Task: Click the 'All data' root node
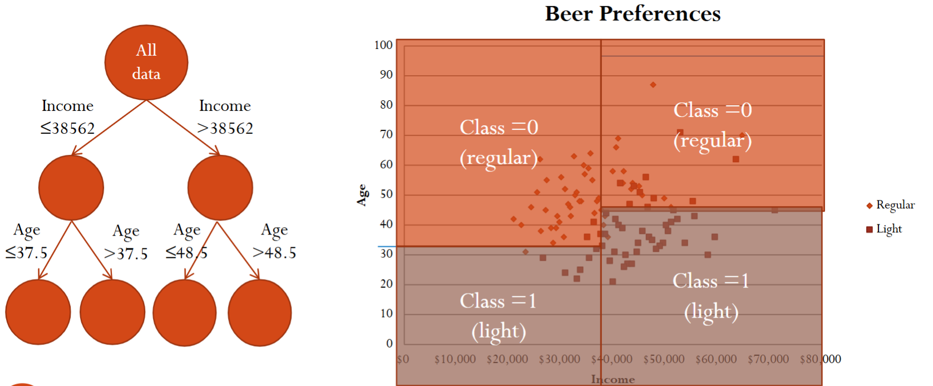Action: click(146, 62)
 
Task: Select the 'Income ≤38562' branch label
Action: click(67, 117)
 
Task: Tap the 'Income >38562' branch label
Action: click(225, 117)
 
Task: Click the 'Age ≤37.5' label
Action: click(27, 241)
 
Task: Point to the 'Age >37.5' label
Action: click(126, 242)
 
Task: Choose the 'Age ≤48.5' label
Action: click(186, 241)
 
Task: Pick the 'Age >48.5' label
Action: click(274, 241)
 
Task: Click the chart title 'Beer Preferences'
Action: click(633, 13)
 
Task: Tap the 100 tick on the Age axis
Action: click(383, 45)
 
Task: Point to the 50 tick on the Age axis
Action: click(386, 194)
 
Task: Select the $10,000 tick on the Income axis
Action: click(455, 359)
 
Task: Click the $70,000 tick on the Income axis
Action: click(768, 359)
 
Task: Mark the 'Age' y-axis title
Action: click(362, 195)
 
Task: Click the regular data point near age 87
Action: click(653, 85)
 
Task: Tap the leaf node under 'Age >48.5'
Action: click(260, 312)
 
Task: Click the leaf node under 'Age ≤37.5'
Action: click(38, 312)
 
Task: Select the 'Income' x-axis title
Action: click(613, 379)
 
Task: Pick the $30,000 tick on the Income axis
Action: click(559, 359)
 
